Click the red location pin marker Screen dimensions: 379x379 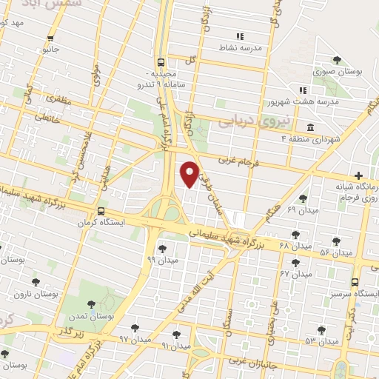(190, 172)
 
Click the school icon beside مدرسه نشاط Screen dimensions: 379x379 (239, 36)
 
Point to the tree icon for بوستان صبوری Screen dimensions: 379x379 (338, 60)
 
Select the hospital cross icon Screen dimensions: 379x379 (359, 175)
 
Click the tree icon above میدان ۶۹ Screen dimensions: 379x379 (303, 198)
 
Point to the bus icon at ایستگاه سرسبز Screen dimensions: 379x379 (355, 282)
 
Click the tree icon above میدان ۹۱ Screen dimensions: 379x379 (176, 334)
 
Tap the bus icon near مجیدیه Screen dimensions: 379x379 (161, 63)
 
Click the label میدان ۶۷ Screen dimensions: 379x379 (294, 273)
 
